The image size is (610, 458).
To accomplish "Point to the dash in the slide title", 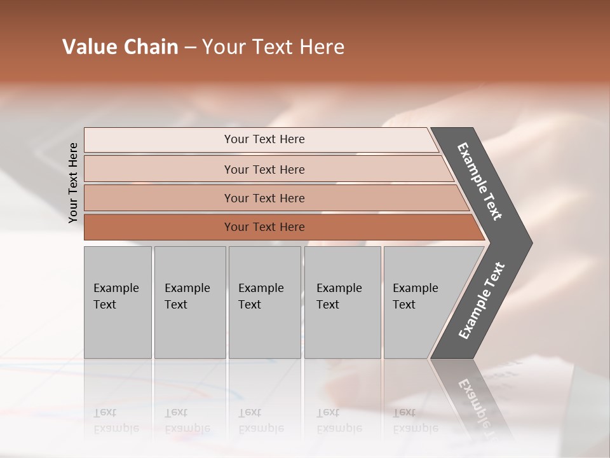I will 190,48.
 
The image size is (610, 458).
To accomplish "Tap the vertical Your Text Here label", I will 73,183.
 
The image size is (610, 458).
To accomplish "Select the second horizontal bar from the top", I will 264,169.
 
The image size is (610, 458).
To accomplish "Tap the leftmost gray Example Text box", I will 118,302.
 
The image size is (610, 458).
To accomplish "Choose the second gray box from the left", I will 189,302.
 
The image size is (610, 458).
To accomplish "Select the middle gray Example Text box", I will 264,302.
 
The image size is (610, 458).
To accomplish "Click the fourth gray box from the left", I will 342,302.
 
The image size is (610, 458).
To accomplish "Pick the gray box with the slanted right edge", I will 423,302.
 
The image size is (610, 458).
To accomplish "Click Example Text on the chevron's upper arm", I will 480,181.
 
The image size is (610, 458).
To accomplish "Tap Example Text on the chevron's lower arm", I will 482,301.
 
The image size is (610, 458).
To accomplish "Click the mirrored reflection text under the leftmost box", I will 116,420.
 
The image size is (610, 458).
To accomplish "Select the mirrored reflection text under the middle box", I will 261,420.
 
